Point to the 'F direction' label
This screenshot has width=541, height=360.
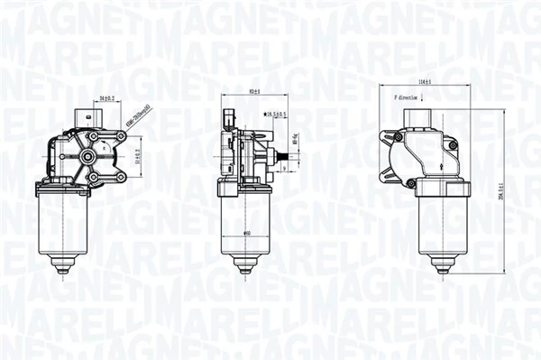click(407, 97)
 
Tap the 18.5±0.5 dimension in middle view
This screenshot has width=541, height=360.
click(275, 115)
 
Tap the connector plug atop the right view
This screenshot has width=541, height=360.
click(420, 118)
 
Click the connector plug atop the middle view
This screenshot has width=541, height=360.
click(229, 117)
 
